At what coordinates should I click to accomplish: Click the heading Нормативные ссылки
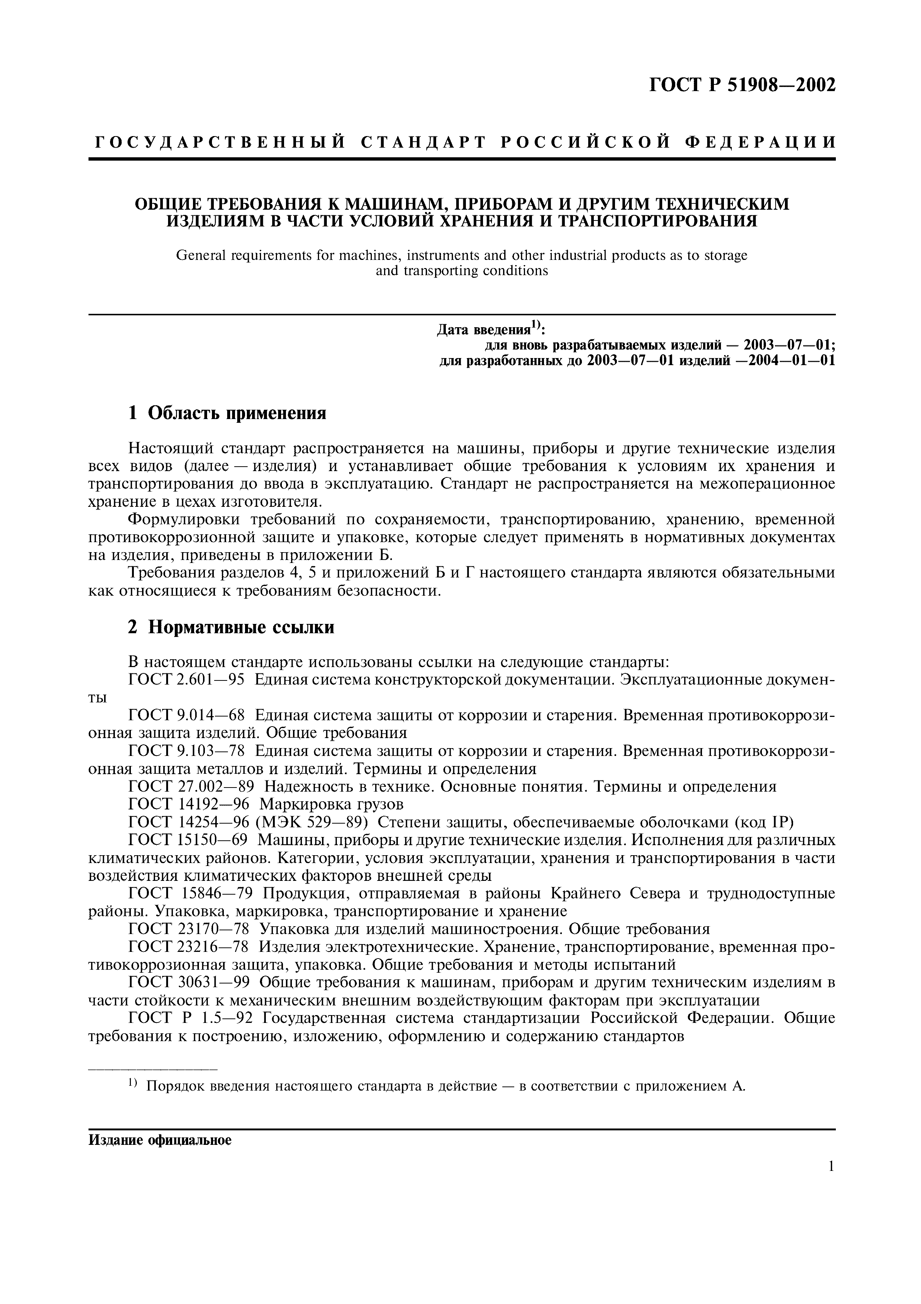tap(241, 627)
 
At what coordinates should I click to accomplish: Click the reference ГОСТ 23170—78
tap(192, 929)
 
